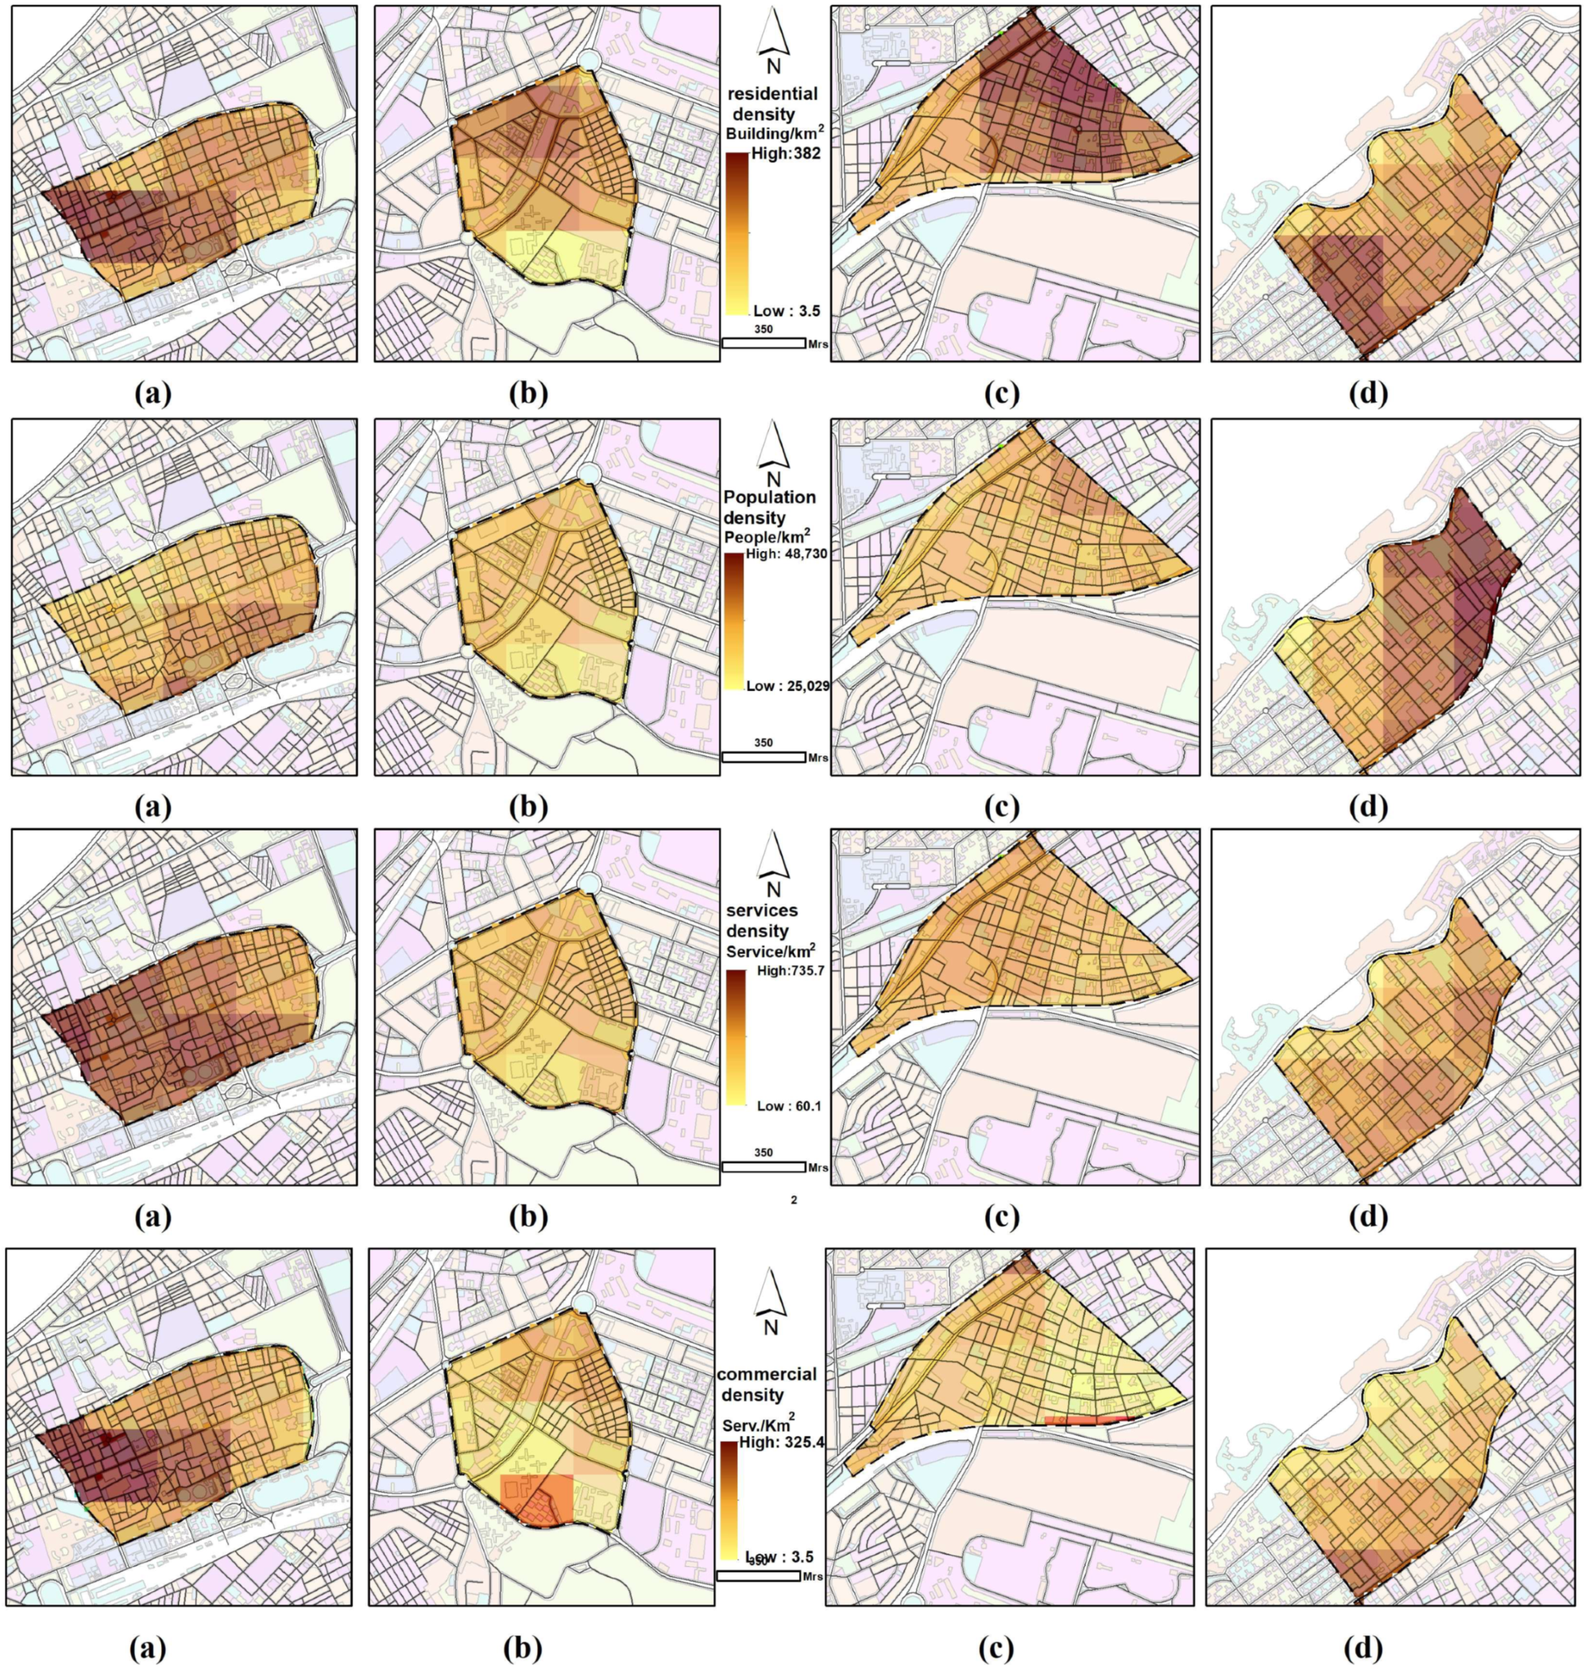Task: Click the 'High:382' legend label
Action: point(785,154)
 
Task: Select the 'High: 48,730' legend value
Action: point(786,554)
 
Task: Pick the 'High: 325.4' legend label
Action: point(781,1442)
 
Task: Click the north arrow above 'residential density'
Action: point(772,38)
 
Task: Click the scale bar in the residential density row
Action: point(763,343)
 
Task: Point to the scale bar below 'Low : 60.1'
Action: point(763,1167)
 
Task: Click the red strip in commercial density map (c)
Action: point(1089,1420)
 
